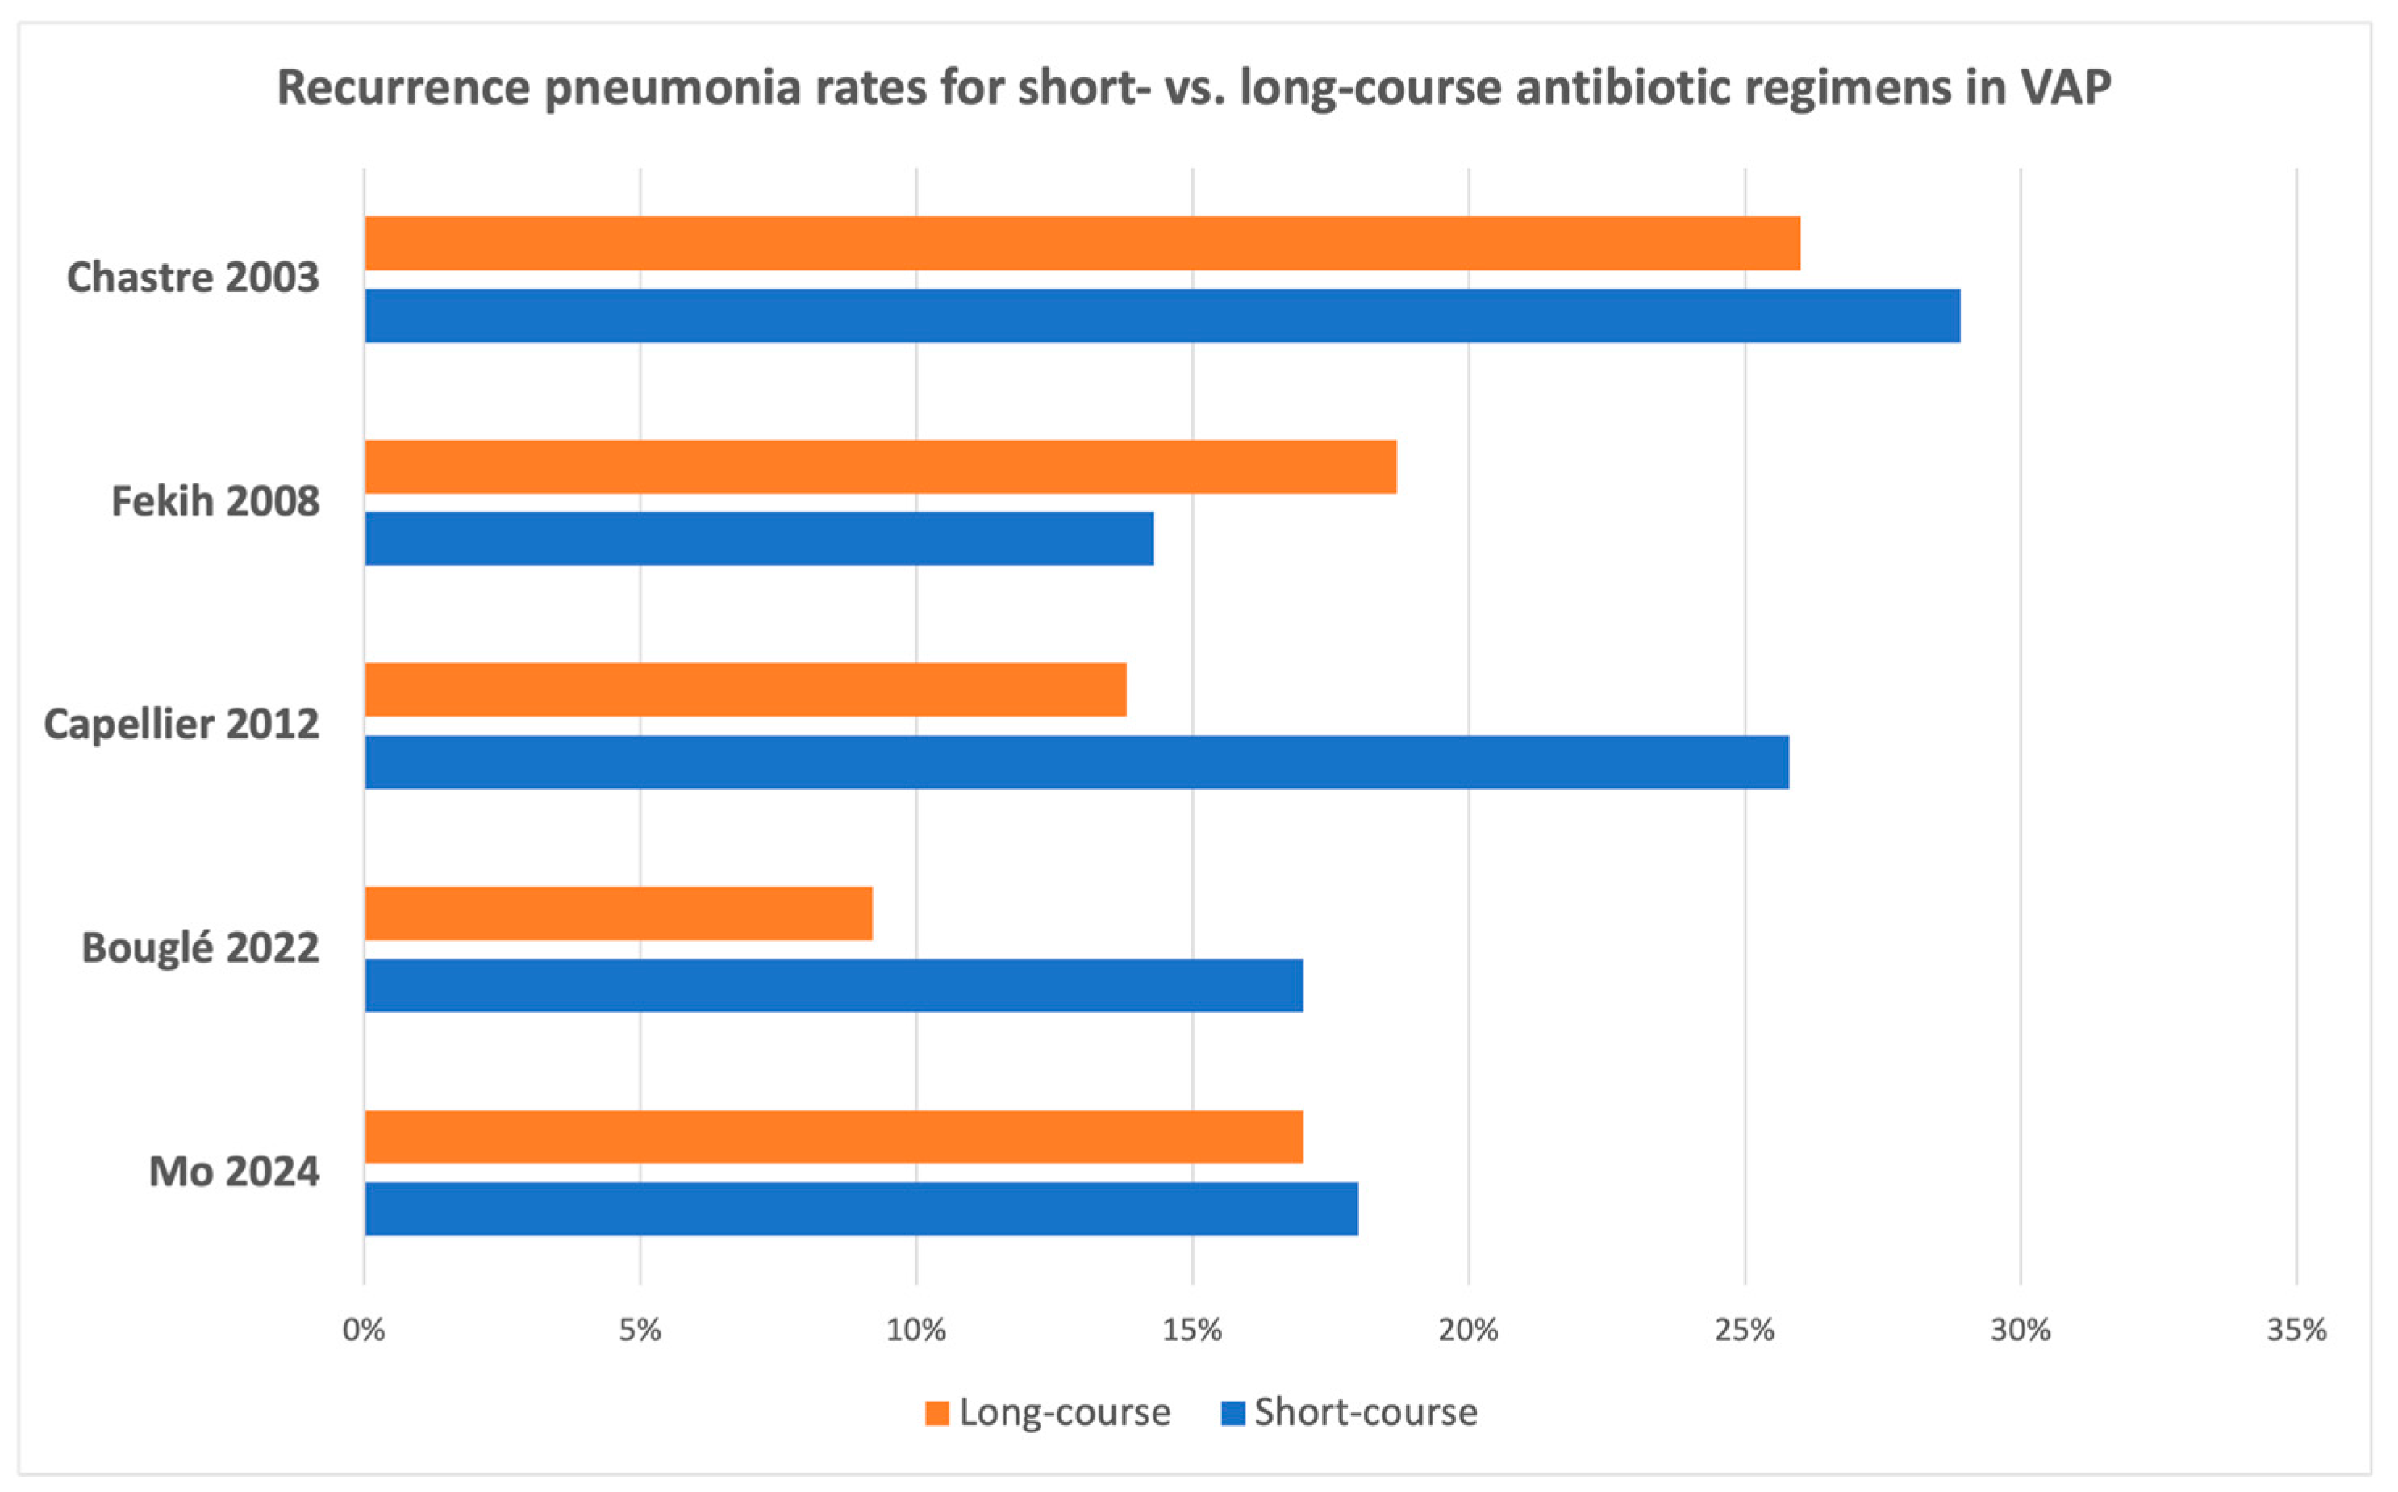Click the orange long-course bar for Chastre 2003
(1082, 243)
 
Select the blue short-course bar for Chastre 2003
(1162, 316)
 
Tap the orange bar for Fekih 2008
(880, 466)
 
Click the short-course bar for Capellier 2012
(1076, 762)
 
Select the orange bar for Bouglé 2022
(619, 913)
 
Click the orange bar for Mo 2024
(833, 1137)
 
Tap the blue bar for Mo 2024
(861, 1209)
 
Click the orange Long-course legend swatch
(936, 1413)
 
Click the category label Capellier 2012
(181, 725)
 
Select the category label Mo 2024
(234, 1172)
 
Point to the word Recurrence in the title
(404, 88)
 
